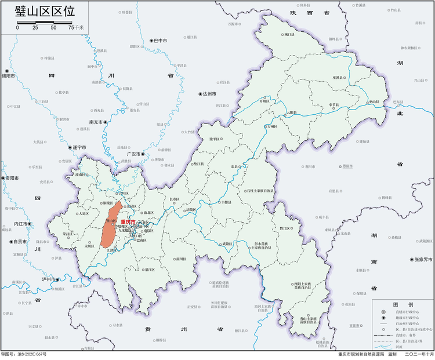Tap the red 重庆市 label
[x=128, y=222]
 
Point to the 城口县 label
[x=289, y=35]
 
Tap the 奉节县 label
[x=333, y=105]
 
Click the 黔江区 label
[x=285, y=229]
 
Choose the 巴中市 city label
[x=159, y=41]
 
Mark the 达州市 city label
[x=209, y=93]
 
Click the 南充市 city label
[x=96, y=122]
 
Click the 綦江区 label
[x=149, y=270]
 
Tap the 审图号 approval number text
[x=24, y=354]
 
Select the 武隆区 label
[x=227, y=244]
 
